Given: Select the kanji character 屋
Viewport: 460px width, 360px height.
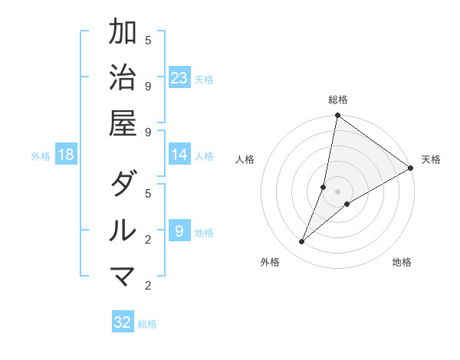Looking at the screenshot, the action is click(123, 123).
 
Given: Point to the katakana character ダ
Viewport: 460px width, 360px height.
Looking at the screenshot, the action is click(123, 184).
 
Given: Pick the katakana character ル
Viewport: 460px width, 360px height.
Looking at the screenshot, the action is click(123, 230).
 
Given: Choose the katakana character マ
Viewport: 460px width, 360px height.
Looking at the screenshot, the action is click(123, 275).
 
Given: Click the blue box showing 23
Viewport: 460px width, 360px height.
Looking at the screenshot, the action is click(179, 78).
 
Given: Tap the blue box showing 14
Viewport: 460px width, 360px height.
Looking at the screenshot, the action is click(179, 155).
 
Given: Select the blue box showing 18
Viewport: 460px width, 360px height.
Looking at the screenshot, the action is click(66, 155).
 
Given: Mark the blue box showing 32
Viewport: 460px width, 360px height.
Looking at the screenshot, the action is click(123, 322).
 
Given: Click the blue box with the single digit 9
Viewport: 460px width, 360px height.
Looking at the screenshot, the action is click(179, 231).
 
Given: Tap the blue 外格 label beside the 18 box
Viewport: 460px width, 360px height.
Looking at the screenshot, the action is click(41, 156).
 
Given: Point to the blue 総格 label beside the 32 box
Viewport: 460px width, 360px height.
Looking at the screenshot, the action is click(148, 324).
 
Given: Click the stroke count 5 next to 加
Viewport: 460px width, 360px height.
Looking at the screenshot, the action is click(148, 40).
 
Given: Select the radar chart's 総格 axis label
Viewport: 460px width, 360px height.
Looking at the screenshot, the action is click(338, 100).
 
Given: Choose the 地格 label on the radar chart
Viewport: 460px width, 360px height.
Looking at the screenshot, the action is click(402, 263).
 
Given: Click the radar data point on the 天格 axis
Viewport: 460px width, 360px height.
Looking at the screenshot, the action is click(410, 168).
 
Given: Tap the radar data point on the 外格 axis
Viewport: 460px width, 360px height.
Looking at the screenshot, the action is click(302, 242).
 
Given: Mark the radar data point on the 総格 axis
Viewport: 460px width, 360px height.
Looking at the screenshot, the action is click(337, 116).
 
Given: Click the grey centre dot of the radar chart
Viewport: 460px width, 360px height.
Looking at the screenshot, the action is click(337, 191).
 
